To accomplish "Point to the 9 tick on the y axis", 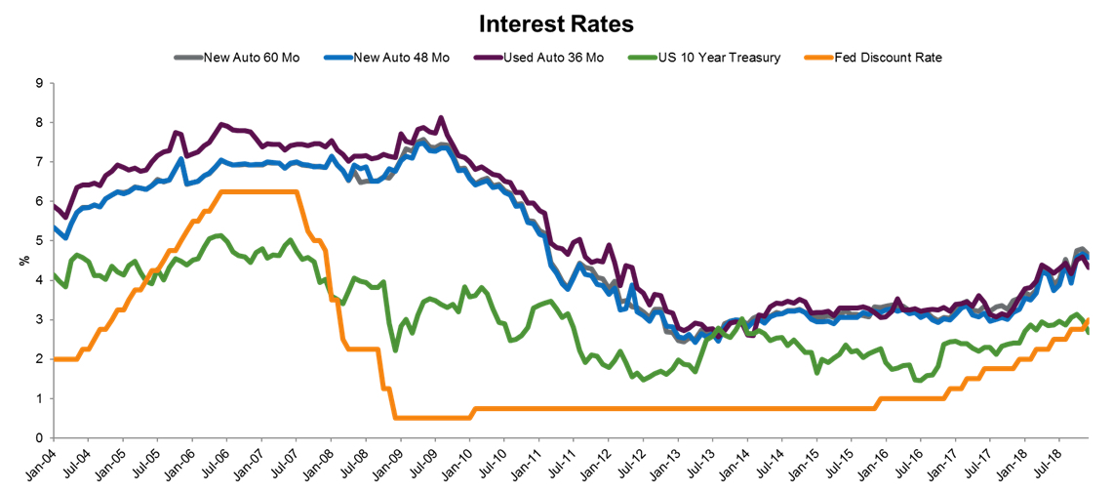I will pos(38,84).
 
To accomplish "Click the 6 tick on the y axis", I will pos(38,202).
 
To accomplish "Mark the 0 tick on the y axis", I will pos(38,438).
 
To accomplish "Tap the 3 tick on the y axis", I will pos(38,320).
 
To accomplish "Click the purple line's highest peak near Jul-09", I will pos(441,118).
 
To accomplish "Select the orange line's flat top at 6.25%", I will pos(258,191).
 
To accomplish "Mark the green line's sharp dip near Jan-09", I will pos(395,350).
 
